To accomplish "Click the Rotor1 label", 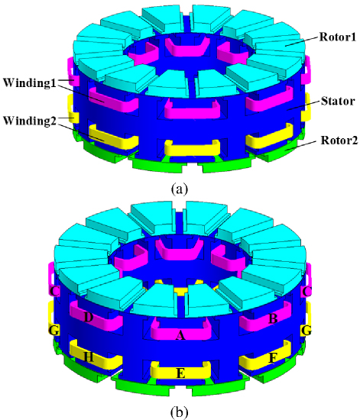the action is (338, 37).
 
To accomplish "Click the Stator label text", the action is (338, 102).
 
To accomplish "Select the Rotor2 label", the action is (339, 140).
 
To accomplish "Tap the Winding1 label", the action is (30, 82).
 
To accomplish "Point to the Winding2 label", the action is (30, 121).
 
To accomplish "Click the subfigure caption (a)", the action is (180, 189).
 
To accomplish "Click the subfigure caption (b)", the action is (180, 412).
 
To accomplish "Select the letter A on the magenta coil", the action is (180, 335).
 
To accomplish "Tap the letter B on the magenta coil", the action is (273, 318).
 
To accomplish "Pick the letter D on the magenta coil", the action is (89, 318).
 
